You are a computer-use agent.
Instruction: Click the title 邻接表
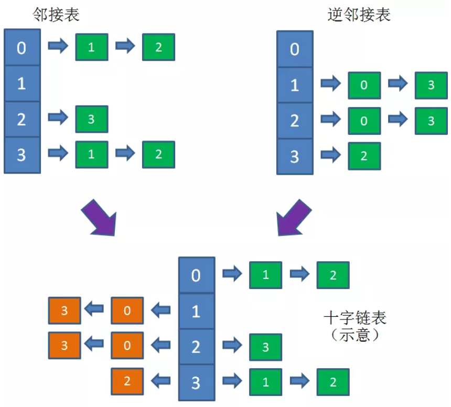point(56,14)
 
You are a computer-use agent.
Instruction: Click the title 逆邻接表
point(359,14)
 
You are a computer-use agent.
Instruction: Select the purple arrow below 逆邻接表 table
point(295,217)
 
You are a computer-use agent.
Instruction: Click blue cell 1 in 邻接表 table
point(22,83)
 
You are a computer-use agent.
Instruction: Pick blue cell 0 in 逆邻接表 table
point(295,50)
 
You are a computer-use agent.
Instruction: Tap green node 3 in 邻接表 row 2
point(92,119)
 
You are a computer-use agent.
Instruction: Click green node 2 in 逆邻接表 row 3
point(364,156)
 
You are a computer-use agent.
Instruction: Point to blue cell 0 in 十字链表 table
point(196,275)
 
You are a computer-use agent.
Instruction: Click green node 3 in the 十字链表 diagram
point(265,347)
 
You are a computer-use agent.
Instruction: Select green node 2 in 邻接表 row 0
point(158,48)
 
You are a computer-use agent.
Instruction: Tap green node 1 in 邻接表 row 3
point(92,154)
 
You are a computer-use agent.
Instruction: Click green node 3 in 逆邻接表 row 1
point(431,85)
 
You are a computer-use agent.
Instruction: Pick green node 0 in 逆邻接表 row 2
point(364,121)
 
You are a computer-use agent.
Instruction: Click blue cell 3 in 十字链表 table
point(196,382)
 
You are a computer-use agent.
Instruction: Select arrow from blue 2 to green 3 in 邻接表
point(58,118)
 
